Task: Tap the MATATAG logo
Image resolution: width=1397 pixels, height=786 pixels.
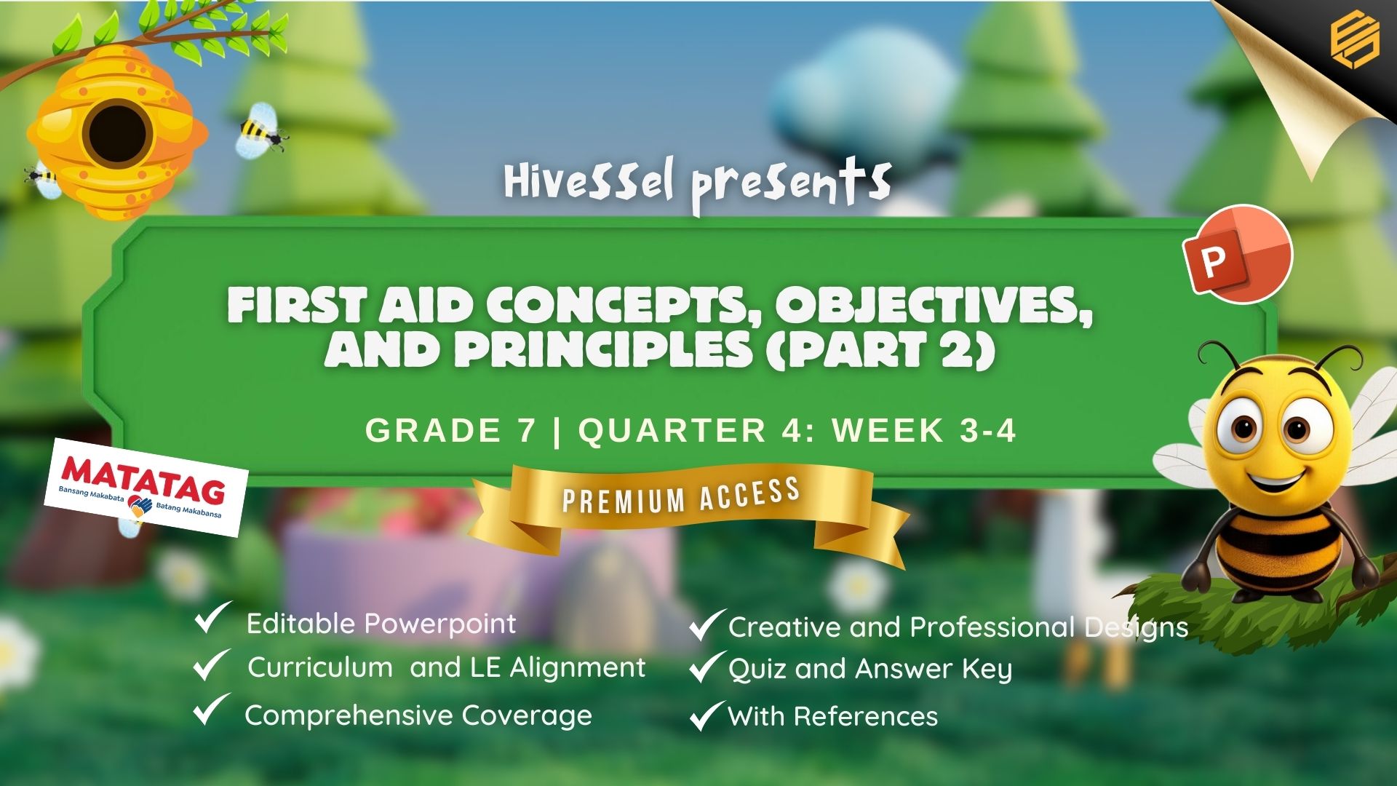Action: pyautogui.click(x=146, y=488)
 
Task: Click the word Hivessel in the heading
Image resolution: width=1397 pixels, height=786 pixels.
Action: pyautogui.click(x=589, y=182)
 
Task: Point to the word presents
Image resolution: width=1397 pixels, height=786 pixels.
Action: pyautogui.click(x=791, y=186)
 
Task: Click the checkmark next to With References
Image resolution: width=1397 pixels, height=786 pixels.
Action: pyautogui.click(x=707, y=715)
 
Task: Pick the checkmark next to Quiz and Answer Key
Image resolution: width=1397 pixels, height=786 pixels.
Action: pyautogui.click(x=707, y=667)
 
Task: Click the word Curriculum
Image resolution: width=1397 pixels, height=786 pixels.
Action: pyautogui.click(x=320, y=667)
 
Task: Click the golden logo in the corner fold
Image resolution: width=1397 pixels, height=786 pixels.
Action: pyautogui.click(x=1355, y=40)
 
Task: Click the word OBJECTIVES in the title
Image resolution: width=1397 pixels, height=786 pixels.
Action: pyautogui.click(x=934, y=306)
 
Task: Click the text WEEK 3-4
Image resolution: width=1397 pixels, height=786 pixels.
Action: pyautogui.click(x=924, y=431)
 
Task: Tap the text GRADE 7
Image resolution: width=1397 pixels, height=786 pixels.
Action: pyautogui.click(x=450, y=431)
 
